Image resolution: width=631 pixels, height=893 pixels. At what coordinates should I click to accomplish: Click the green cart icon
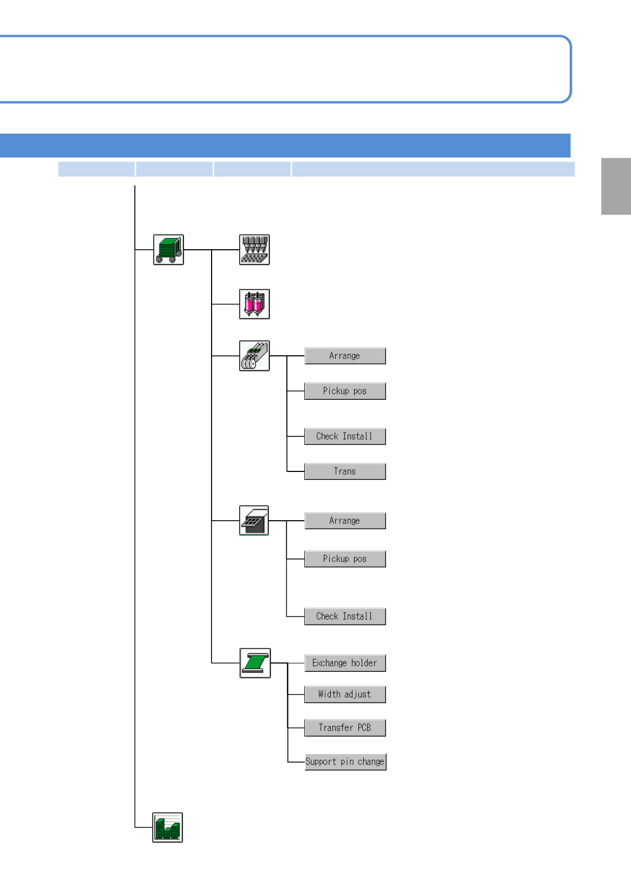tap(169, 249)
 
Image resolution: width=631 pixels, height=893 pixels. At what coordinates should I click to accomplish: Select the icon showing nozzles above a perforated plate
tap(255, 249)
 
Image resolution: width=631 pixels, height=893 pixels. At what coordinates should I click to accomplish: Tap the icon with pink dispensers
tap(255, 304)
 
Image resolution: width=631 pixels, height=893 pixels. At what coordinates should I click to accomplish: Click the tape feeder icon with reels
tap(255, 356)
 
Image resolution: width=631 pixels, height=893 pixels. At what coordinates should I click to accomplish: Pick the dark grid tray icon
tap(254, 521)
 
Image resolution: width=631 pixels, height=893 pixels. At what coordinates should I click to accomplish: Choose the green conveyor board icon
tap(255, 663)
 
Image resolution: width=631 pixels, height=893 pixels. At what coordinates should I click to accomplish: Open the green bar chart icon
tap(168, 827)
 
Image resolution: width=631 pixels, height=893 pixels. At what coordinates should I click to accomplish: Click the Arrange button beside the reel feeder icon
tap(345, 356)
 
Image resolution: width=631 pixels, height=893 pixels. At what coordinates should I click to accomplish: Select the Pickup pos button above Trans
tap(345, 391)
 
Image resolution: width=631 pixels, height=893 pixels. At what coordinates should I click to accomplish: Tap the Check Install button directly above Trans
tap(345, 436)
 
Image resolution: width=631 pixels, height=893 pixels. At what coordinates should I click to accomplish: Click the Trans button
tap(345, 471)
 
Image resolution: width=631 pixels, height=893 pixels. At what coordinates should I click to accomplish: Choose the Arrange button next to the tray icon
tap(345, 521)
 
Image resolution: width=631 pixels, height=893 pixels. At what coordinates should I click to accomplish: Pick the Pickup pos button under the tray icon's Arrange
tap(345, 559)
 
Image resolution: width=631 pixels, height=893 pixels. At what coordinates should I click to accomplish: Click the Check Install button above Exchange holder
tap(345, 616)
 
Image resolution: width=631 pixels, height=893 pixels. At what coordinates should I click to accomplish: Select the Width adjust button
tap(345, 694)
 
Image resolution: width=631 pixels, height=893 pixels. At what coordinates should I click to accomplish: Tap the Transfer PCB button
tap(345, 728)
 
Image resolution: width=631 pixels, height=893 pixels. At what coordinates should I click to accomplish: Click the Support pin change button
tap(345, 762)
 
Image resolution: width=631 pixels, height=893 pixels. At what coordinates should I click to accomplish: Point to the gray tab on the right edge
tap(616, 186)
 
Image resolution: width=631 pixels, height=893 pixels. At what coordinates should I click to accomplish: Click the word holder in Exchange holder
tap(364, 663)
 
